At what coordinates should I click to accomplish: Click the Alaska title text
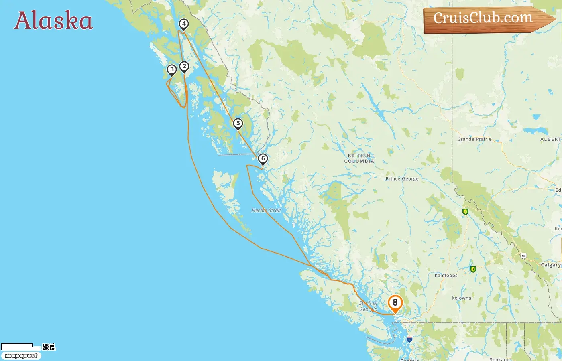[53, 21]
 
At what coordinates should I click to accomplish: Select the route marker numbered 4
[184, 24]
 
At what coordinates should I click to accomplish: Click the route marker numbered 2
[184, 67]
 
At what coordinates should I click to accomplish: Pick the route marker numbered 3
[172, 70]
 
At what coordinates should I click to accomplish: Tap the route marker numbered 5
[238, 124]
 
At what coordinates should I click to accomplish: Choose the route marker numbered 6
[263, 159]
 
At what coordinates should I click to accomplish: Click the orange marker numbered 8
[395, 303]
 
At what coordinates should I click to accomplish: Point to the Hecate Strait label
[266, 210]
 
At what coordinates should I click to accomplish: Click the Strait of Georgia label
[369, 306]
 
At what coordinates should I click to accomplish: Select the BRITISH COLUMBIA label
[359, 158]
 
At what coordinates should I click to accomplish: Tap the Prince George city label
[402, 179]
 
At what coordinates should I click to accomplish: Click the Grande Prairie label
[474, 139]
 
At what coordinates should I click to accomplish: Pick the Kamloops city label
[446, 275]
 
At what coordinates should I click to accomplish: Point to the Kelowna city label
[461, 298]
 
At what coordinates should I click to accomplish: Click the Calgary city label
[550, 265]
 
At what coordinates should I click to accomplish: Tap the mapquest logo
[21, 356]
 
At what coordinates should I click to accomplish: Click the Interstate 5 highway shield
[409, 339]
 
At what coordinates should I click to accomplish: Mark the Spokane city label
[499, 359]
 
